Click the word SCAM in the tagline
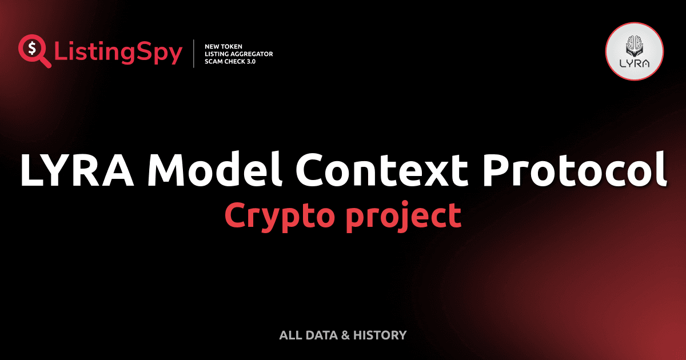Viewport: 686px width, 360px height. click(214, 62)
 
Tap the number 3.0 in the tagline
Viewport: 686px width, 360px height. click(250, 62)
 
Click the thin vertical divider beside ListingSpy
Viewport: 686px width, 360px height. click(194, 54)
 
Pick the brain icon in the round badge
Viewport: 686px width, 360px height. click(634, 45)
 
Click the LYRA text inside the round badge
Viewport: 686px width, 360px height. click(634, 63)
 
